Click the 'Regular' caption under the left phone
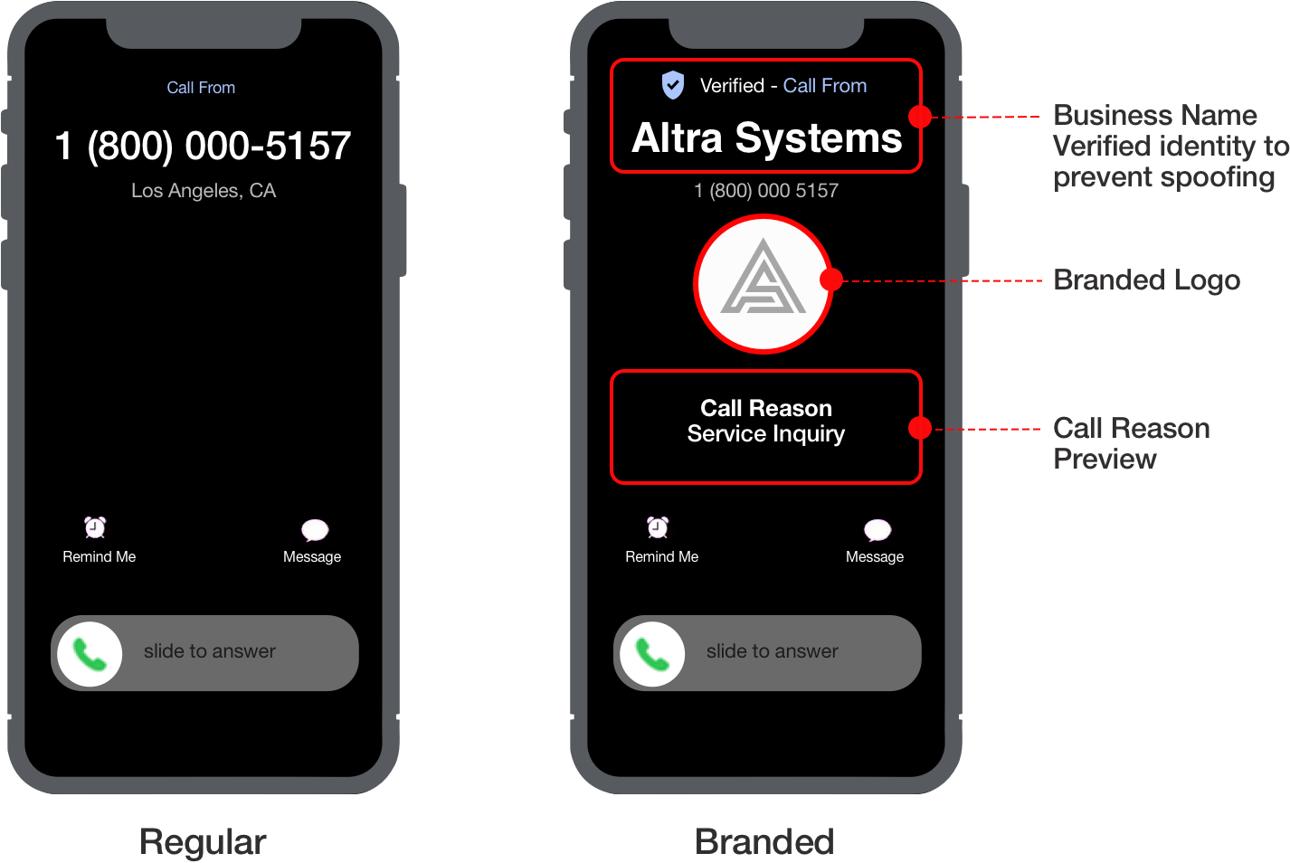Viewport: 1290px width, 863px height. point(203,841)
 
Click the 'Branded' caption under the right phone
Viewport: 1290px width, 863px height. point(764,841)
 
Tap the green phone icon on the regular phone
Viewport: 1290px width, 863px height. point(90,654)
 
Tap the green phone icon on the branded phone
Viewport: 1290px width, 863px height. point(652,654)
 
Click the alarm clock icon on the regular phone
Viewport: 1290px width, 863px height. point(95,527)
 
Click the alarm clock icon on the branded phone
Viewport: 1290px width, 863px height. point(658,527)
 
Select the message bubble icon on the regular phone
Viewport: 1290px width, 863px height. point(315,530)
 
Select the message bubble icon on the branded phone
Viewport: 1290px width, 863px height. point(877,530)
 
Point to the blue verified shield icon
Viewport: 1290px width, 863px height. point(673,85)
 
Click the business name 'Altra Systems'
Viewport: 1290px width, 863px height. point(766,138)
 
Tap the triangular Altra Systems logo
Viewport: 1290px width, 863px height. point(764,281)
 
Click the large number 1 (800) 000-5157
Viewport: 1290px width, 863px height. point(203,146)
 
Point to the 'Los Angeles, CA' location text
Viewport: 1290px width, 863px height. point(204,191)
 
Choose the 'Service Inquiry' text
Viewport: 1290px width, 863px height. point(765,434)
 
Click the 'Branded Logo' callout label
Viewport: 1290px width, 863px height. point(1146,280)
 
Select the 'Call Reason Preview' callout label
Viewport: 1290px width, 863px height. point(1131,443)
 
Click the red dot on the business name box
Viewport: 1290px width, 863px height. point(920,117)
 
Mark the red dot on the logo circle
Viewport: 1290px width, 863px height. point(830,280)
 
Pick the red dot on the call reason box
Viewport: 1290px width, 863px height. point(920,428)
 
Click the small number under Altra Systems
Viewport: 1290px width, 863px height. point(765,191)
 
